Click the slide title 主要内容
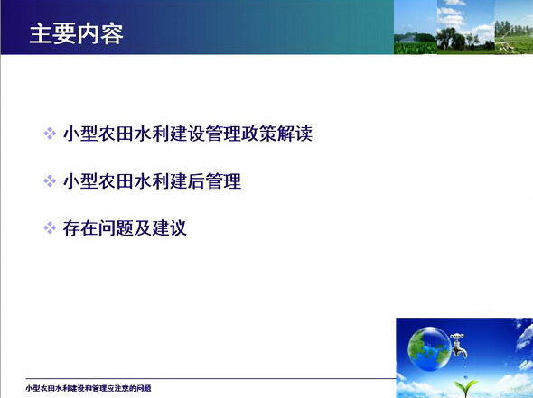[x=77, y=34]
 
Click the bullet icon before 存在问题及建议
[x=50, y=227]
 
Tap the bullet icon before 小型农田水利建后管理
[x=50, y=181]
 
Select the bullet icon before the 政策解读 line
[x=50, y=134]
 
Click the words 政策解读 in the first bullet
[x=276, y=134]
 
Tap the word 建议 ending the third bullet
[x=169, y=227]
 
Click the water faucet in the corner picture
[x=459, y=345]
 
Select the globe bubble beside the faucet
[x=430, y=348]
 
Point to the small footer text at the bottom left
[x=89, y=388]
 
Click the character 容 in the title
[x=112, y=34]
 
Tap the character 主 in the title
[x=42, y=34]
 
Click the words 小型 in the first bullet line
[x=80, y=134]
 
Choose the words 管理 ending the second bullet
[x=223, y=181]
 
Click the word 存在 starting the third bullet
[x=80, y=227]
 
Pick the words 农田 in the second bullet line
[x=116, y=181]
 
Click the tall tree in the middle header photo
[x=446, y=38]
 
